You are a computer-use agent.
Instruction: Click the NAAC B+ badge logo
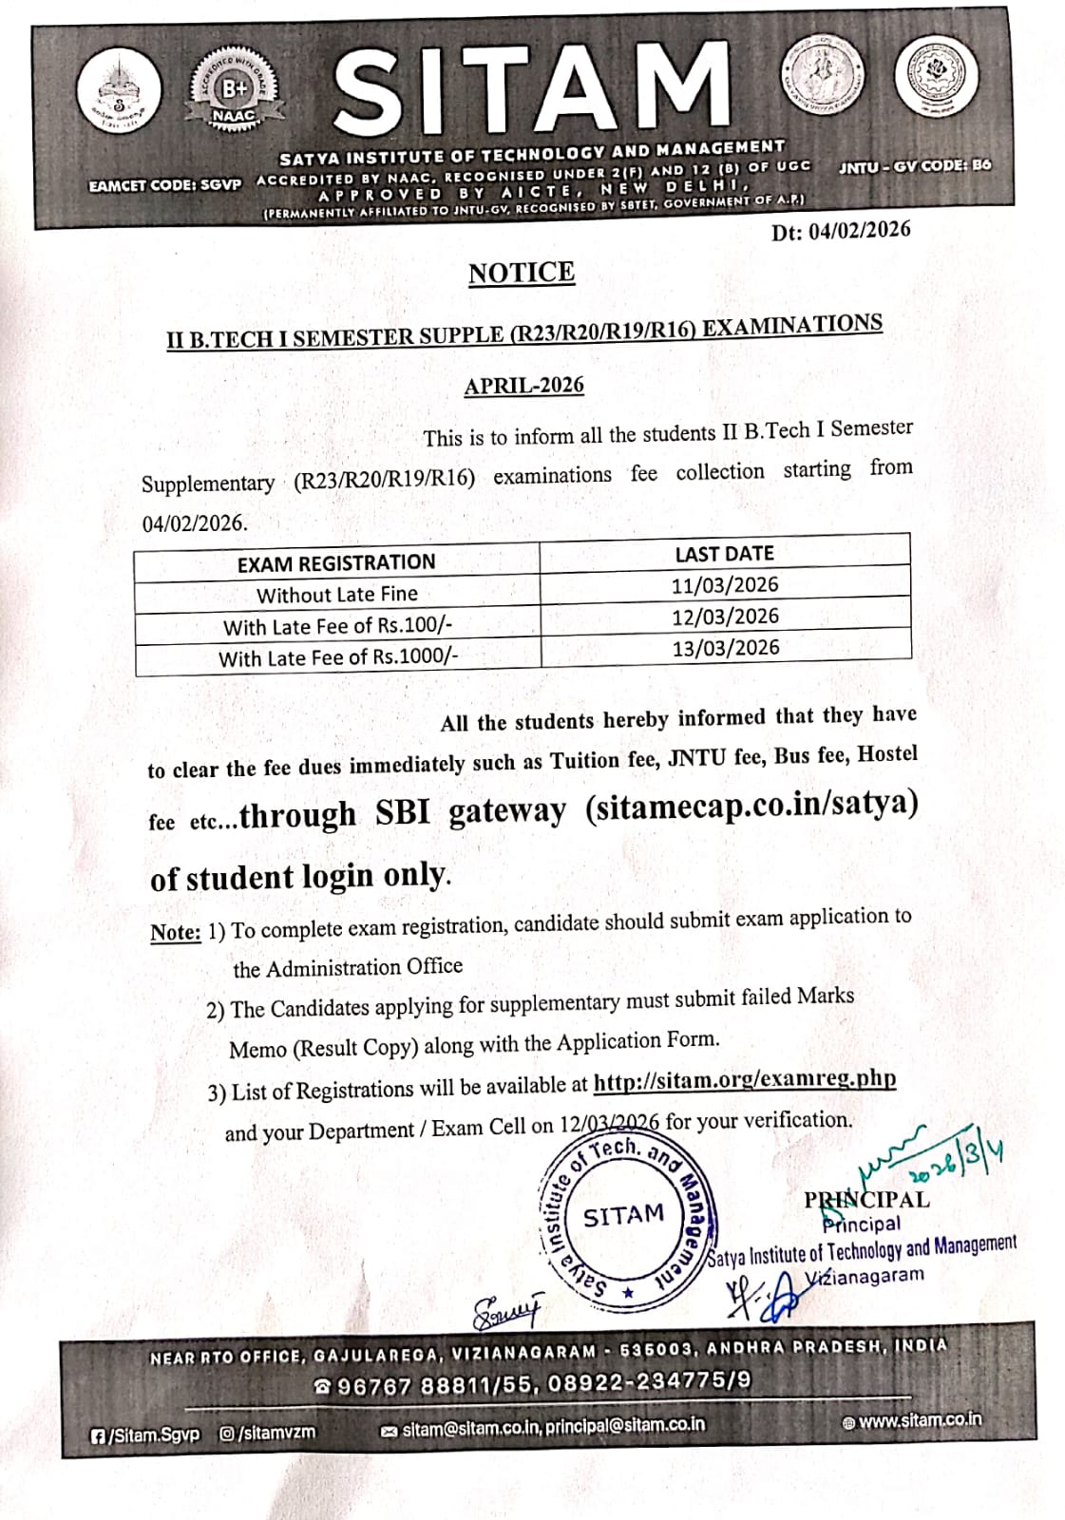[x=230, y=92]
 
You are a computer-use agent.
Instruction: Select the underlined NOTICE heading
[x=522, y=273]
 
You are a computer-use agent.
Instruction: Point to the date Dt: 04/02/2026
[x=841, y=231]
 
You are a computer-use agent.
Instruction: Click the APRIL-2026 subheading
[x=523, y=386]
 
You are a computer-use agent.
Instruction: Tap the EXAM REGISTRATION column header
[x=336, y=562]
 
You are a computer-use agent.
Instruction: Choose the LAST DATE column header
[x=724, y=554]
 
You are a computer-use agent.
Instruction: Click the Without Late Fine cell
[x=336, y=595]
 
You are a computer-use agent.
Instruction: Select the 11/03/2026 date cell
[x=725, y=585]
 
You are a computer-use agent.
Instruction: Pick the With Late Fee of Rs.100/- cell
[x=334, y=627]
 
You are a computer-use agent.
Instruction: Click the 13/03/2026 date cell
[x=725, y=648]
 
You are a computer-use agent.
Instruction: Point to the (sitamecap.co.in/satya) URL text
[x=751, y=806]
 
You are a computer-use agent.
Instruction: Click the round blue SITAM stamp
[x=624, y=1215]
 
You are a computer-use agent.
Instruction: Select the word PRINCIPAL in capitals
[x=866, y=1200]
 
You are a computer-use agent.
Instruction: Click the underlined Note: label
[x=175, y=933]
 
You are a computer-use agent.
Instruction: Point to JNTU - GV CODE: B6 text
[x=914, y=164]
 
